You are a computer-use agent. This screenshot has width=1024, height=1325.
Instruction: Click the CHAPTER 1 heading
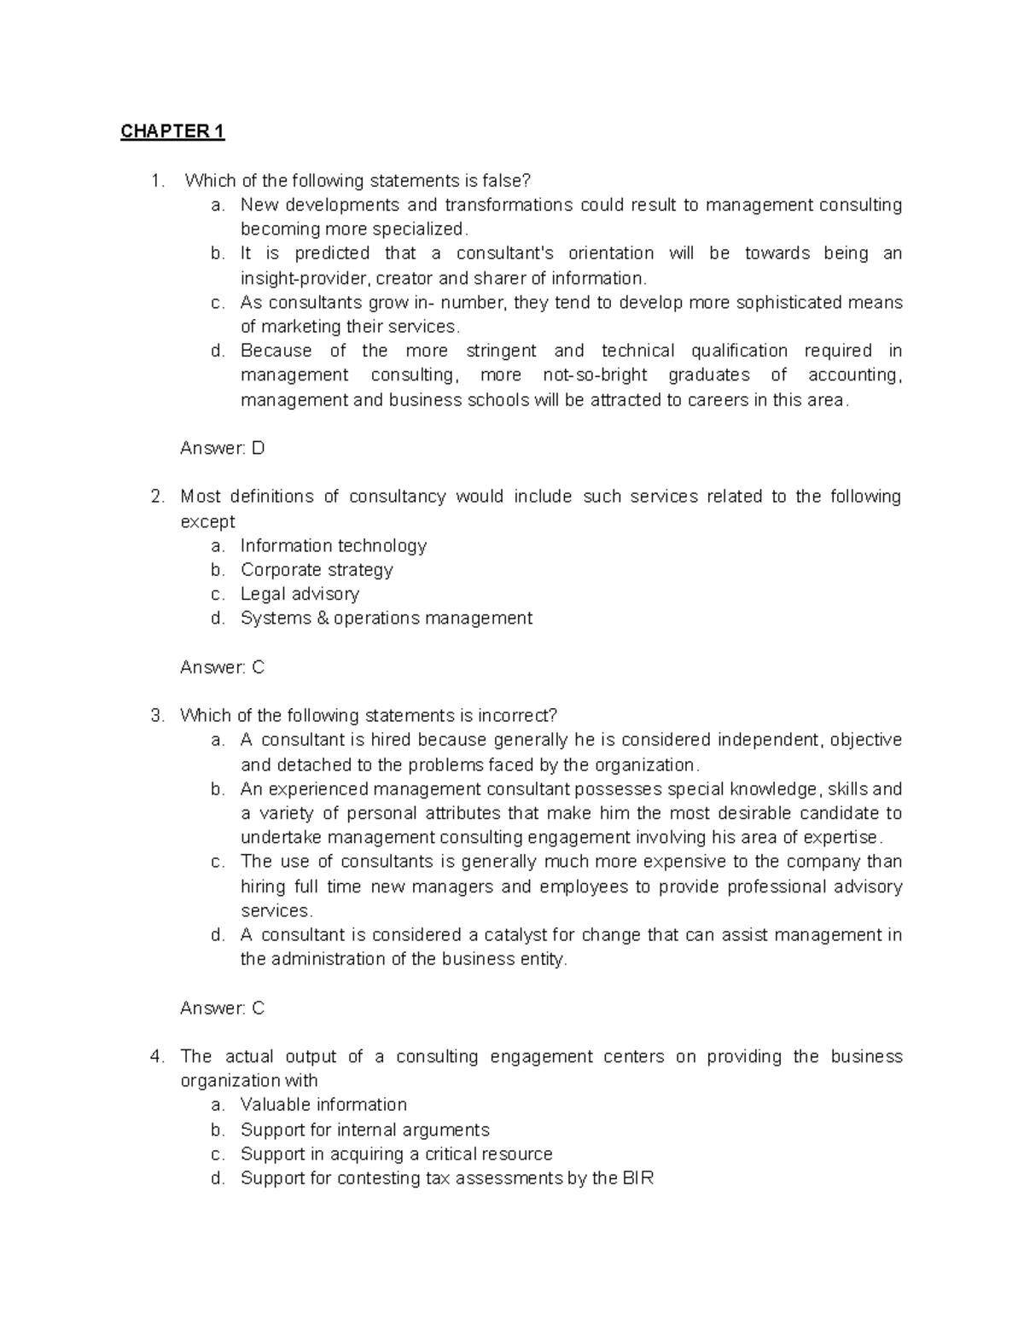point(172,131)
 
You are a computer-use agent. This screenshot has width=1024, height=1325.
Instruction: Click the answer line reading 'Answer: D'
point(222,448)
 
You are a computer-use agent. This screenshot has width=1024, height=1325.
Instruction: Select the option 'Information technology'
point(333,545)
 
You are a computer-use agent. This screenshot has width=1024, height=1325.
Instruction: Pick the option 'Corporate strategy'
point(317,570)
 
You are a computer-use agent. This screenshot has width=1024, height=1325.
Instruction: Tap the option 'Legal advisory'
point(300,594)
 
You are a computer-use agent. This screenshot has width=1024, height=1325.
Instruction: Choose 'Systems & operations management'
point(386,618)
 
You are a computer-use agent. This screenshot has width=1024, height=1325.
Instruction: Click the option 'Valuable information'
point(323,1105)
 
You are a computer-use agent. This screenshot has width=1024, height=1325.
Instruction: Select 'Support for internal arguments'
point(364,1130)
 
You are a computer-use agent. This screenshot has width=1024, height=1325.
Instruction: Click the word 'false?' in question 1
point(507,180)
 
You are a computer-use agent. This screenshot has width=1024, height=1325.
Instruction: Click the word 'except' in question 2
point(207,521)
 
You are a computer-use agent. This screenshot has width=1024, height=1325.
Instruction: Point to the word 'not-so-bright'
point(595,375)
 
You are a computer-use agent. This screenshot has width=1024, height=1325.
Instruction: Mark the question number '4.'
point(157,1056)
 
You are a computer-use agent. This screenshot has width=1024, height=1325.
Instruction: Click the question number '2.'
point(157,497)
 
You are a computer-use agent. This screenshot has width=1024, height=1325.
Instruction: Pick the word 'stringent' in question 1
point(501,351)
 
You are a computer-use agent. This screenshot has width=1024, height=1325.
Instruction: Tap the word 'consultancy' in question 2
point(397,497)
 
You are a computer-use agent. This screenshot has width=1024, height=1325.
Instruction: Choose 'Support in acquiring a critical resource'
point(396,1154)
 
